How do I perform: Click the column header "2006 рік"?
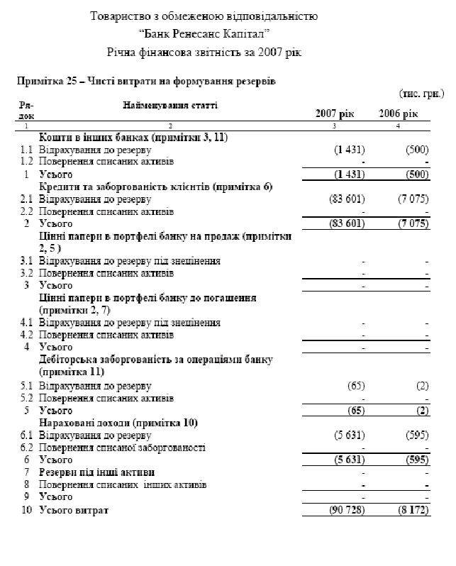click(400, 114)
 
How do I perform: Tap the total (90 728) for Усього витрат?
click(345, 511)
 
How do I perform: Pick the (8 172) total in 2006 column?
click(412, 511)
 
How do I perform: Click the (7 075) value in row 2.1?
click(413, 199)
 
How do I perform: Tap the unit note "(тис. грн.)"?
click(421, 93)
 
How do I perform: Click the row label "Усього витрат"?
click(74, 511)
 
